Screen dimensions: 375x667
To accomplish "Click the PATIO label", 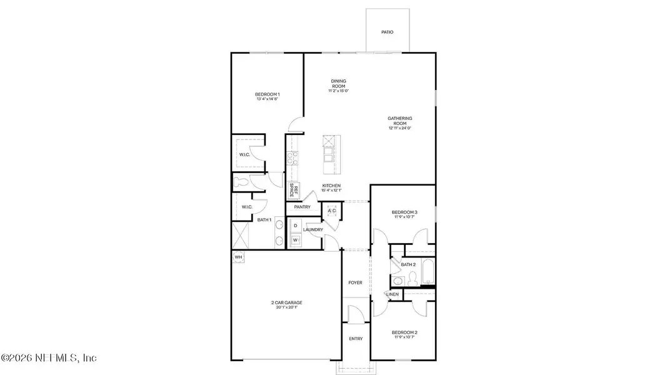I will (x=388, y=32).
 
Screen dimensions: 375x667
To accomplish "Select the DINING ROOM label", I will (x=338, y=85).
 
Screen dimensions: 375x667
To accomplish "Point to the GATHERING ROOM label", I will (x=400, y=122).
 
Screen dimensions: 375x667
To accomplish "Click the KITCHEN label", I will (x=331, y=187).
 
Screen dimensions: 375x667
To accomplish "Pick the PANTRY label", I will (x=303, y=206).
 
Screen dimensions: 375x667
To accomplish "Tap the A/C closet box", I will (x=331, y=211).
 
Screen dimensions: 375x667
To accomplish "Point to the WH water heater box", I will (x=238, y=257).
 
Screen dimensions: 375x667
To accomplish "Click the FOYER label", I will (x=355, y=282).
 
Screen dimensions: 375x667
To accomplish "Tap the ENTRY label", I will (x=355, y=339).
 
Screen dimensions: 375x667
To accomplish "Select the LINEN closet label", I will (x=393, y=294).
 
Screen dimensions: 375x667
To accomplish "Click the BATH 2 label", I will (x=408, y=264).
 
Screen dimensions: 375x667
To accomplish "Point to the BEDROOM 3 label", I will (x=404, y=214).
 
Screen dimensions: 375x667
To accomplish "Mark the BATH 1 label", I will (x=264, y=219).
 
